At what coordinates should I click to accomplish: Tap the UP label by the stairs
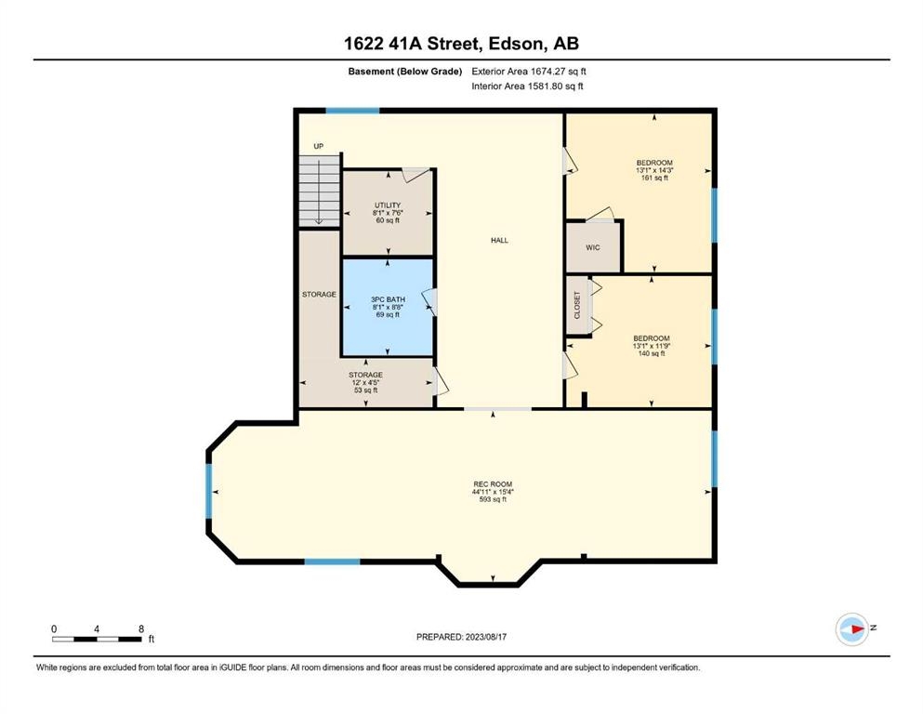[319, 146]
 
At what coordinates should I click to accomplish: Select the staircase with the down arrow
[320, 191]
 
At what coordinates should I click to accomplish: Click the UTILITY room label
[388, 205]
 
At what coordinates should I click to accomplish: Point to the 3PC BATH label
[388, 299]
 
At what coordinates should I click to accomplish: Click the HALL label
[499, 240]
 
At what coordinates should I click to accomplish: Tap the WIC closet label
[593, 248]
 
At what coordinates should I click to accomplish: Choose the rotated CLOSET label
[577, 305]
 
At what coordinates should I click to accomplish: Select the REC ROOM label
[493, 484]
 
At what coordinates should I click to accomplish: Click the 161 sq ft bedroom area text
[654, 178]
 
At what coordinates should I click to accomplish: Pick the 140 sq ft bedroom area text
[652, 354]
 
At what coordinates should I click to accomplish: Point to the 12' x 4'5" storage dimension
[365, 383]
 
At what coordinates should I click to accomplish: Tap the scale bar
[97, 639]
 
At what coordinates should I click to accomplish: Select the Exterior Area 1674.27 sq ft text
[529, 72]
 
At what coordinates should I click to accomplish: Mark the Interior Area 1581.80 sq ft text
[527, 86]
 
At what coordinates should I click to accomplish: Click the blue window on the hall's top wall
[352, 110]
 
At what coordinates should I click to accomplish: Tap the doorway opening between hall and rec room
[498, 408]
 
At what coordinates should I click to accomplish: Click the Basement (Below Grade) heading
[405, 72]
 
